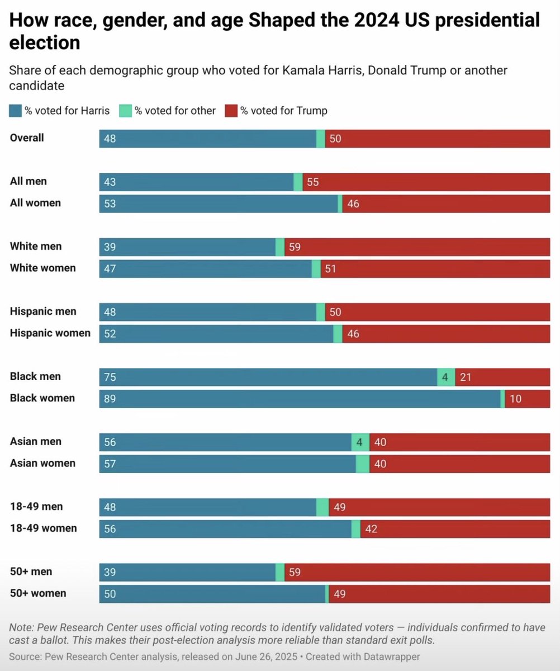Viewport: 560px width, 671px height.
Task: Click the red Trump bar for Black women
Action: (x=527, y=399)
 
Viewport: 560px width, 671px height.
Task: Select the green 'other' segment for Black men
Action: (x=446, y=377)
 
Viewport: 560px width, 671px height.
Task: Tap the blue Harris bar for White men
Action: (x=187, y=247)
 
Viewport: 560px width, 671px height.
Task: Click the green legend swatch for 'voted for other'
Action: (x=125, y=111)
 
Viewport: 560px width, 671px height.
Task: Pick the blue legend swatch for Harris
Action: (x=15, y=111)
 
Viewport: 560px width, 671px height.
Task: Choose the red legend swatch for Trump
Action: (x=231, y=111)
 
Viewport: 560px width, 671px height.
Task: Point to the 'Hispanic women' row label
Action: (x=50, y=333)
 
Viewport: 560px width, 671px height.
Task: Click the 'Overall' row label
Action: (x=27, y=138)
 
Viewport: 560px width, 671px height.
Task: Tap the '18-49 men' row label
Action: (x=36, y=507)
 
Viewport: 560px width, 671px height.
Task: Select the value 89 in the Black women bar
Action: (x=110, y=399)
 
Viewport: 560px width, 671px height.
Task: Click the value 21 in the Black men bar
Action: (x=466, y=377)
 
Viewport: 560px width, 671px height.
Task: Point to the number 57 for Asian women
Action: (x=110, y=464)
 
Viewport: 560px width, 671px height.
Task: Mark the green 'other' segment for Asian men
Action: (x=360, y=442)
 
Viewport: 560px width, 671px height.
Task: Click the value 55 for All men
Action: (x=312, y=182)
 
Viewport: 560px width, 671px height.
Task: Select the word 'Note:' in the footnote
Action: (x=21, y=627)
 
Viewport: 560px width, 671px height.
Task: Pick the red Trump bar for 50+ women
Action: (x=439, y=594)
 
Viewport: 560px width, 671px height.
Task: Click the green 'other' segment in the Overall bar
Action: (x=321, y=139)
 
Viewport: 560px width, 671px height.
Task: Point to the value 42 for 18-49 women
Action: (x=371, y=529)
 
